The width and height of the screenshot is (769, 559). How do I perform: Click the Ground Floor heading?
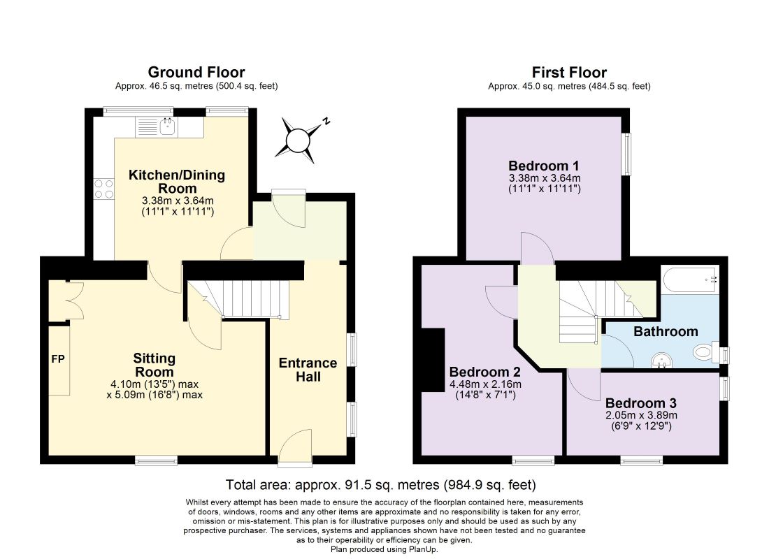[196, 72]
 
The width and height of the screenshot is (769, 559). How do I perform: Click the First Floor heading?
[569, 73]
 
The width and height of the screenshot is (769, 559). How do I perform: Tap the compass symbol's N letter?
[326, 121]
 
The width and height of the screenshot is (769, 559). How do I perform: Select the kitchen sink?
[168, 126]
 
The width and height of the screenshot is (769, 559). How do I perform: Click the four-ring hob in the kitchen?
[103, 189]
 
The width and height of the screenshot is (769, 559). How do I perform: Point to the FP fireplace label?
[58, 359]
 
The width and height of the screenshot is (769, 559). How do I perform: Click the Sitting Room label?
[154, 365]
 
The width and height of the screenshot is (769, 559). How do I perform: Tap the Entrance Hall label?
[308, 370]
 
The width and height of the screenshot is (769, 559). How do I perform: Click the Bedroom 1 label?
[544, 165]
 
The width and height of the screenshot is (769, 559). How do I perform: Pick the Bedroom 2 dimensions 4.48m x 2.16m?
[486, 384]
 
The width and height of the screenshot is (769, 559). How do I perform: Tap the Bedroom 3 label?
[641, 403]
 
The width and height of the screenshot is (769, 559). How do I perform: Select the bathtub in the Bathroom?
[690, 280]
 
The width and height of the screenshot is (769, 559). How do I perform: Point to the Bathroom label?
[666, 331]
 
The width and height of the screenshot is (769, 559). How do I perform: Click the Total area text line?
[380, 485]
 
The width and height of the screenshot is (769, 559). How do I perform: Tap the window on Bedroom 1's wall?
[626, 154]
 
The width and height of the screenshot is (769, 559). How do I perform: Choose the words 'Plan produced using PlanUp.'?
[384, 549]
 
